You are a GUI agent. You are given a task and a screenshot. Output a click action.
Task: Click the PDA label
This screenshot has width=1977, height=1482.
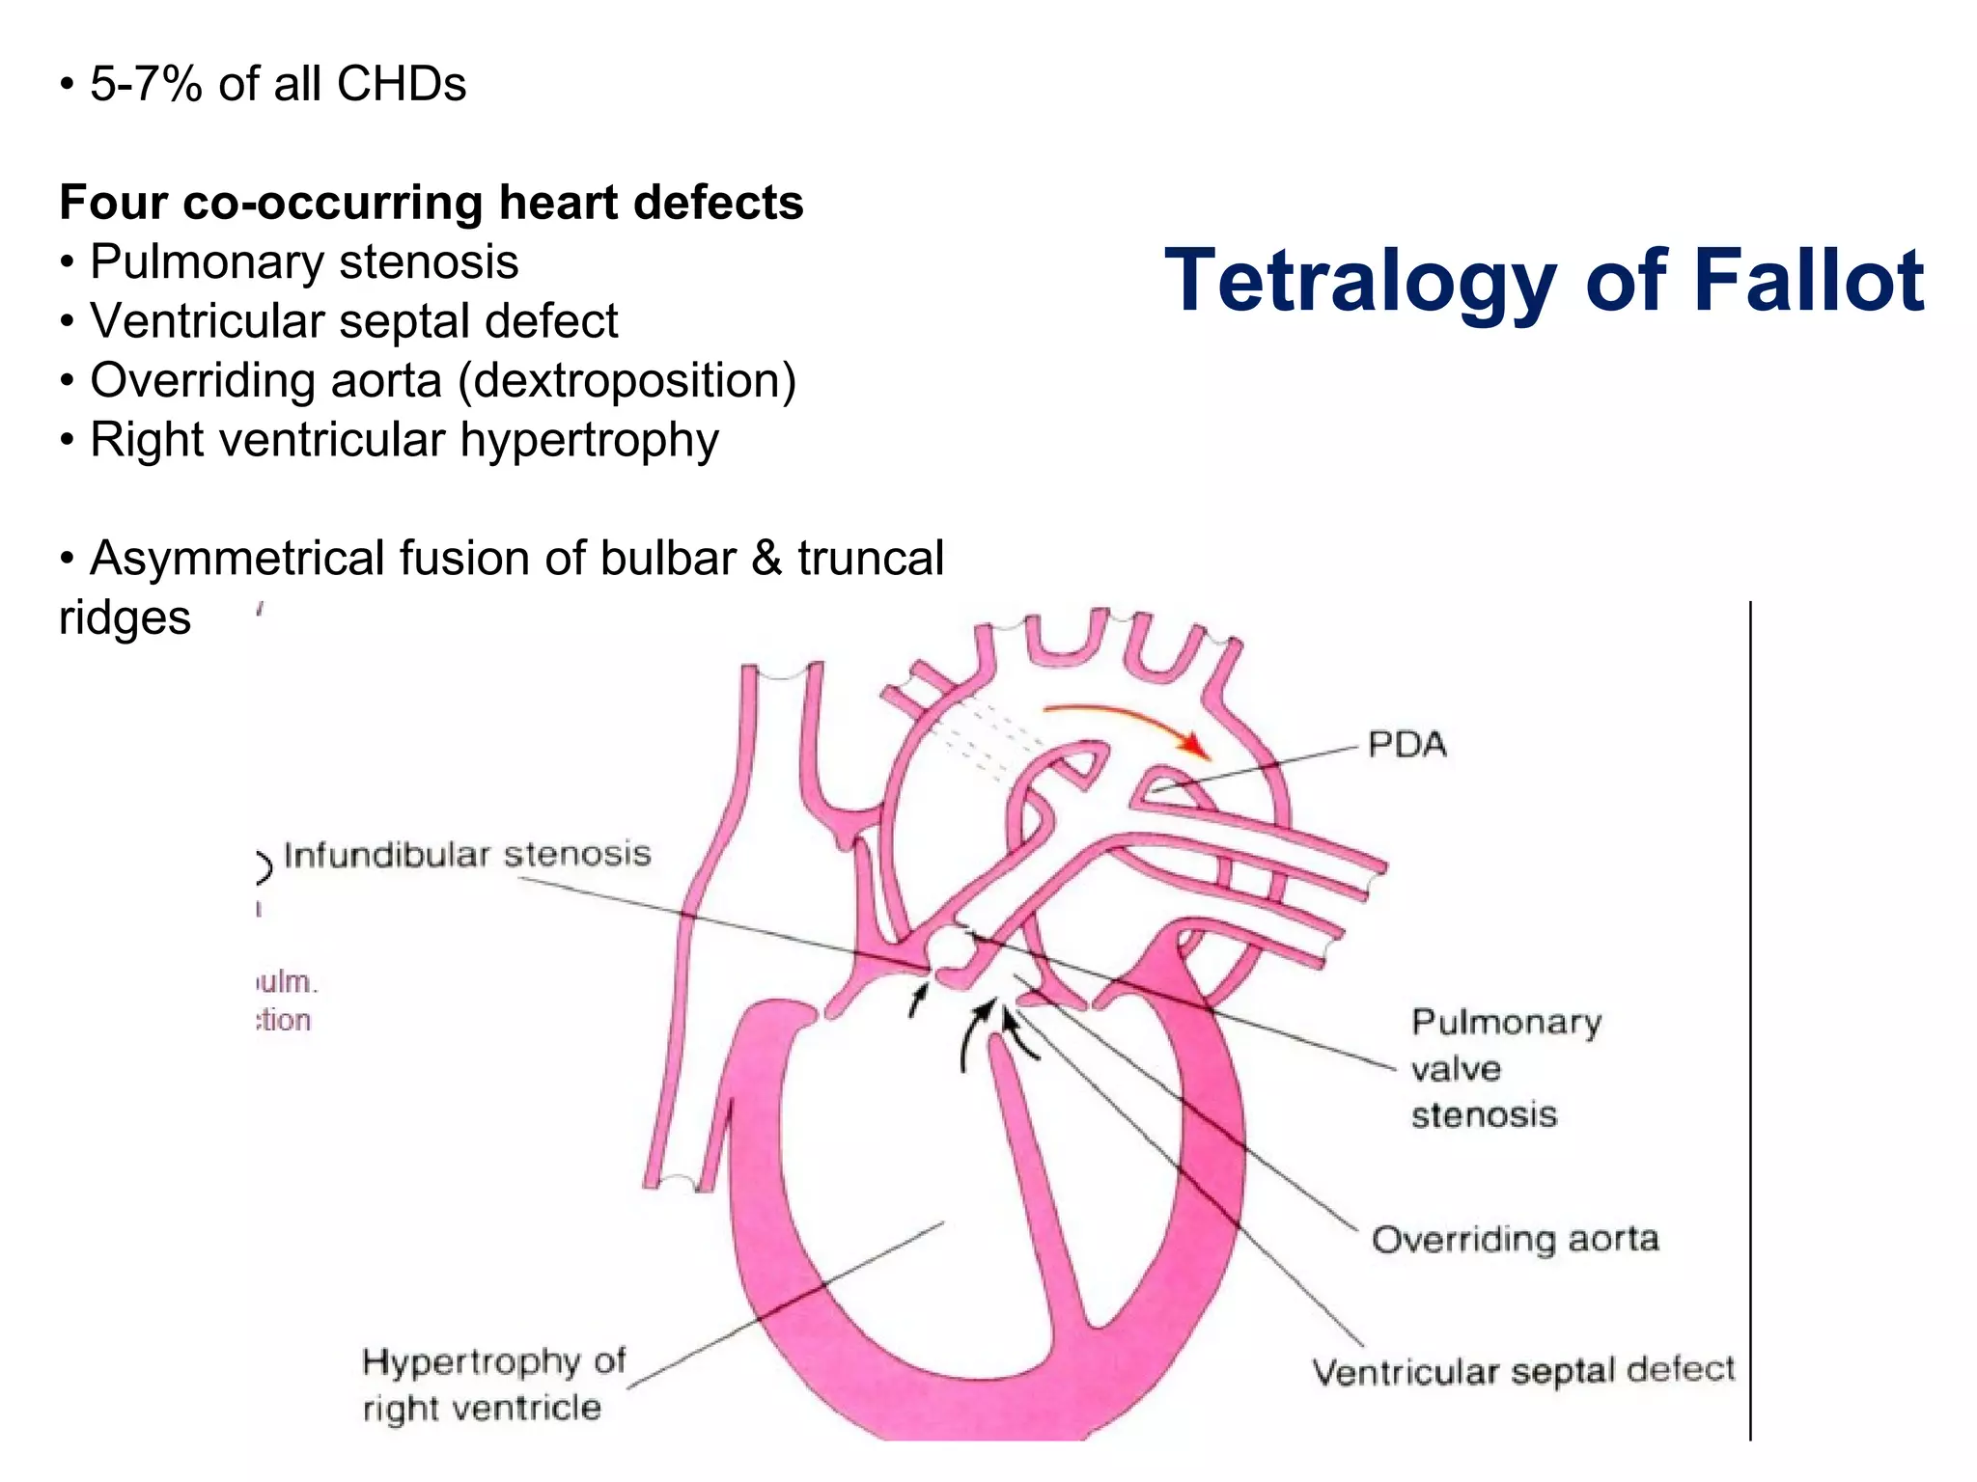(1406, 745)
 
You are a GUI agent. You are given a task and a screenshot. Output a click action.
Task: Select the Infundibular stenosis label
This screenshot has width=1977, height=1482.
(467, 855)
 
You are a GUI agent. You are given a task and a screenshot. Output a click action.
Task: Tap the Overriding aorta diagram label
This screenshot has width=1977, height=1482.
(1515, 1239)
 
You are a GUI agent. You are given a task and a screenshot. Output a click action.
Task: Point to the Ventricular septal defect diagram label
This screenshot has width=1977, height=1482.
(1522, 1370)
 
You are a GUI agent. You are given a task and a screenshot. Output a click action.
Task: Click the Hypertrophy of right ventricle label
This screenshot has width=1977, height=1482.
(493, 1385)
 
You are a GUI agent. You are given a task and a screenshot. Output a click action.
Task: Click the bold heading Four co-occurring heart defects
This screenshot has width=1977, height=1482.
(432, 203)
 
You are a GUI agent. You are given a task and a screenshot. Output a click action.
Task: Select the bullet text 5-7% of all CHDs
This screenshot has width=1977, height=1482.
(278, 84)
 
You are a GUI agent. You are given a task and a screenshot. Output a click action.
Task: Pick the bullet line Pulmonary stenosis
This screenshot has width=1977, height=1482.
(304, 261)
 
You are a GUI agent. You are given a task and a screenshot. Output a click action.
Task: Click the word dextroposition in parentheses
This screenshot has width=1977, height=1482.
(627, 380)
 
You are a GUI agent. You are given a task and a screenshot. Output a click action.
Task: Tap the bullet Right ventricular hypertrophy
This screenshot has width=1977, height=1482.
(404, 440)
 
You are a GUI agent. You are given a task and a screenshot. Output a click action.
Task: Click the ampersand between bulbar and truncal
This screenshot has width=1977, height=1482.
(766, 559)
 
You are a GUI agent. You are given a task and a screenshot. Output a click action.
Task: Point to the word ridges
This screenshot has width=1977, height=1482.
(125, 617)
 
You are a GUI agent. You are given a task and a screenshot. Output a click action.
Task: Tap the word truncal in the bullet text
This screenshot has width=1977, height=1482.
(870, 559)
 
